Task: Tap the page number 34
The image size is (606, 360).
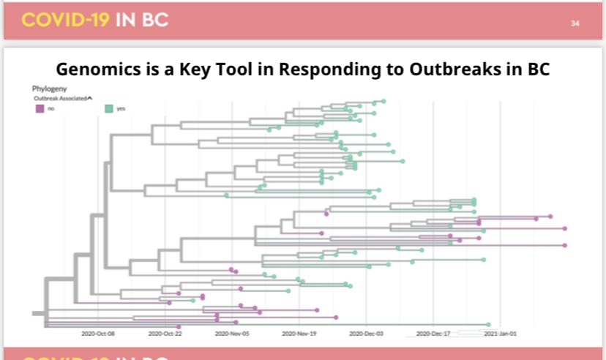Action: [575, 23]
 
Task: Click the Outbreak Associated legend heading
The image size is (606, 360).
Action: [61, 97]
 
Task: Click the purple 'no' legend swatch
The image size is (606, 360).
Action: [40, 108]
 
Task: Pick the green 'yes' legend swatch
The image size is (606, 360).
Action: [109, 108]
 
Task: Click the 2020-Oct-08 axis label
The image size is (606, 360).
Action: [98, 333]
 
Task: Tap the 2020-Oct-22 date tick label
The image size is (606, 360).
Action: [165, 333]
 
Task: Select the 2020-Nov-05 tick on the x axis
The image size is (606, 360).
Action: [231, 333]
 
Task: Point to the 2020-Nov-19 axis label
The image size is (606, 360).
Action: [298, 333]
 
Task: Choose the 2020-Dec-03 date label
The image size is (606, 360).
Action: [365, 333]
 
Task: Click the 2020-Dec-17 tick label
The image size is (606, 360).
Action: [432, 333]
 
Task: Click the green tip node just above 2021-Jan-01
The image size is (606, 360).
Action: [488, 324]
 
